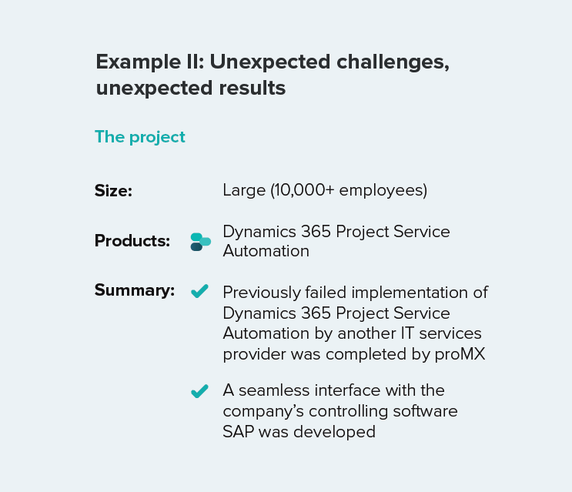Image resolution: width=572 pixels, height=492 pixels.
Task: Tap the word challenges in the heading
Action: (x=393, y=62)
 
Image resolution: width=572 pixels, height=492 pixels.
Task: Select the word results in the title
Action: (x=252, y=88)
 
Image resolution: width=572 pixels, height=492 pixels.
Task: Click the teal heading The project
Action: (x=140, y=138)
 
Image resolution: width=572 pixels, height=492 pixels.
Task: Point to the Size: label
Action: (x=113, y=190)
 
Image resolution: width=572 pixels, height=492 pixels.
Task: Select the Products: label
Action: (x=132, y=241)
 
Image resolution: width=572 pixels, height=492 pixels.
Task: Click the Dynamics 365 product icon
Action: (x=201, y=242)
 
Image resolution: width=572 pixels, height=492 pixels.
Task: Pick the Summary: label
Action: (x=135, y=290)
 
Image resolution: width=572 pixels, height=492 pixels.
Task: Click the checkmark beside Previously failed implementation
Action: (x=199, y=291)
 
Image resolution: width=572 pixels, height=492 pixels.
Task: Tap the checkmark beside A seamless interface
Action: (x=199, y=391)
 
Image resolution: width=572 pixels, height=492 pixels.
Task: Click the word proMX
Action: (x=460, y=354)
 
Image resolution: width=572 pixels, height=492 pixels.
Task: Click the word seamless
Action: (x=274, y=390)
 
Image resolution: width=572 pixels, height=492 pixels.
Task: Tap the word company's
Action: (x=263, y=412)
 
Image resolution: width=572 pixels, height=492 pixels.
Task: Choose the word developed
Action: (x=334, y=432)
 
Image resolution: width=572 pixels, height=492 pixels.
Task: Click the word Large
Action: (x=244, y=191)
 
